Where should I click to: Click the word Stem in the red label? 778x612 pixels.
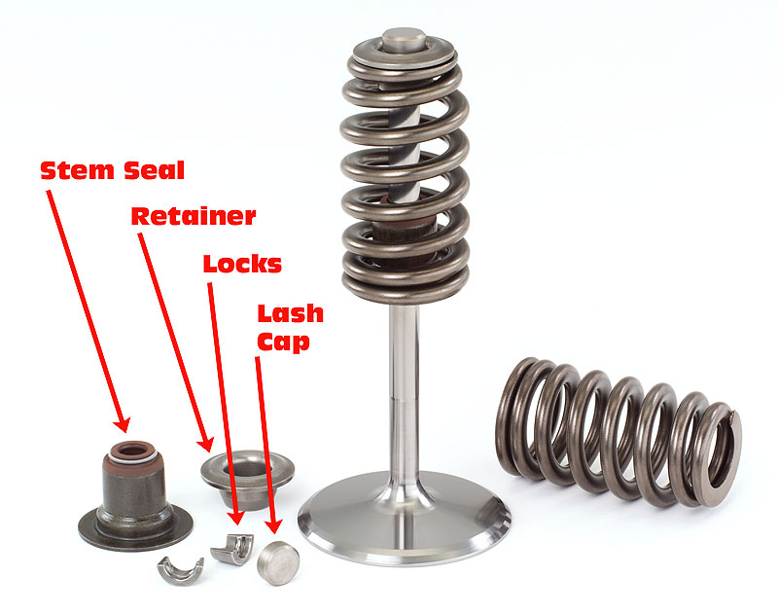coord(78,170)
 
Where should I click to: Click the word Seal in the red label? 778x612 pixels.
coord(155,170)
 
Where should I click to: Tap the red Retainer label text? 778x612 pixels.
coord(194,216)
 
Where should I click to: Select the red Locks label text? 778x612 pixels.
coord(242,264)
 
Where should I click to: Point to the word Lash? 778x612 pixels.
coord(290,313)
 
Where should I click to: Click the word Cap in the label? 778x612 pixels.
coord(283,342)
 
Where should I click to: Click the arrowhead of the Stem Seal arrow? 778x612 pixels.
coord(123,424)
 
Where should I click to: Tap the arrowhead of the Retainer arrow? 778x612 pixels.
coord(206,444)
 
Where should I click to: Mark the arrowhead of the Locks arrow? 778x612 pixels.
coord(236,517)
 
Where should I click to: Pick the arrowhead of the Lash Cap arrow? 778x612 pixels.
coord(272,525)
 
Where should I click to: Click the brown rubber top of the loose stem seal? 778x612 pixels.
coord(132,452)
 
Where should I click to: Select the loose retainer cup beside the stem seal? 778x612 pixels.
coord(247,478)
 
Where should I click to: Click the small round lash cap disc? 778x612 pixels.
coord(278,562)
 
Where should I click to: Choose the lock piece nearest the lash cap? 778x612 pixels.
coord(232,549)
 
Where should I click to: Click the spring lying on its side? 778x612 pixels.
coord(618,432)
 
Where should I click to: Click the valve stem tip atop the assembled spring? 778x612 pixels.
coord(404,39)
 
